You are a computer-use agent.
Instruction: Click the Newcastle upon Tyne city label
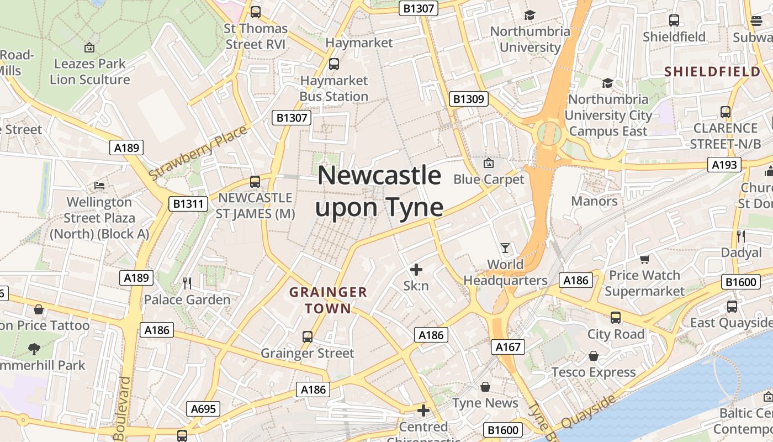[379, 192]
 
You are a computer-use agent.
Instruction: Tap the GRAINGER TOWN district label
[328, 300]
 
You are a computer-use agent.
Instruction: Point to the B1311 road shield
[188, 204]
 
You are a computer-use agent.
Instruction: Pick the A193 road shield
[724, 165]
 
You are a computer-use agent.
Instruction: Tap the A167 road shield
[508, 346]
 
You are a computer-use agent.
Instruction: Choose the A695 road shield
[204, 409]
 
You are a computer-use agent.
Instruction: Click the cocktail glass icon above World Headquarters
[505, 248]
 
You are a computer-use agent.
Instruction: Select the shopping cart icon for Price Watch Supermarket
[644, 259]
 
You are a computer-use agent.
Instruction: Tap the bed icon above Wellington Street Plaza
[99, 185]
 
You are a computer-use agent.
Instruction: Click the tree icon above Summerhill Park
[34, 349]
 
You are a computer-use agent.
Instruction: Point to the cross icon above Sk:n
[416, 270]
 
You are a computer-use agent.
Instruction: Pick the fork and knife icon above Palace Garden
[187, 283]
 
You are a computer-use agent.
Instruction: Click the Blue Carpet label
[489, 179]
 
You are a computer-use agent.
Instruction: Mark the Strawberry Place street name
[198, 153]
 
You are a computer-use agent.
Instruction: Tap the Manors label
[594, 201]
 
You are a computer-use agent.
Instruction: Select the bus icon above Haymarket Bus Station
[333, 64]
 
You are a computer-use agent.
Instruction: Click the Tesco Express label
[594, 372]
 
